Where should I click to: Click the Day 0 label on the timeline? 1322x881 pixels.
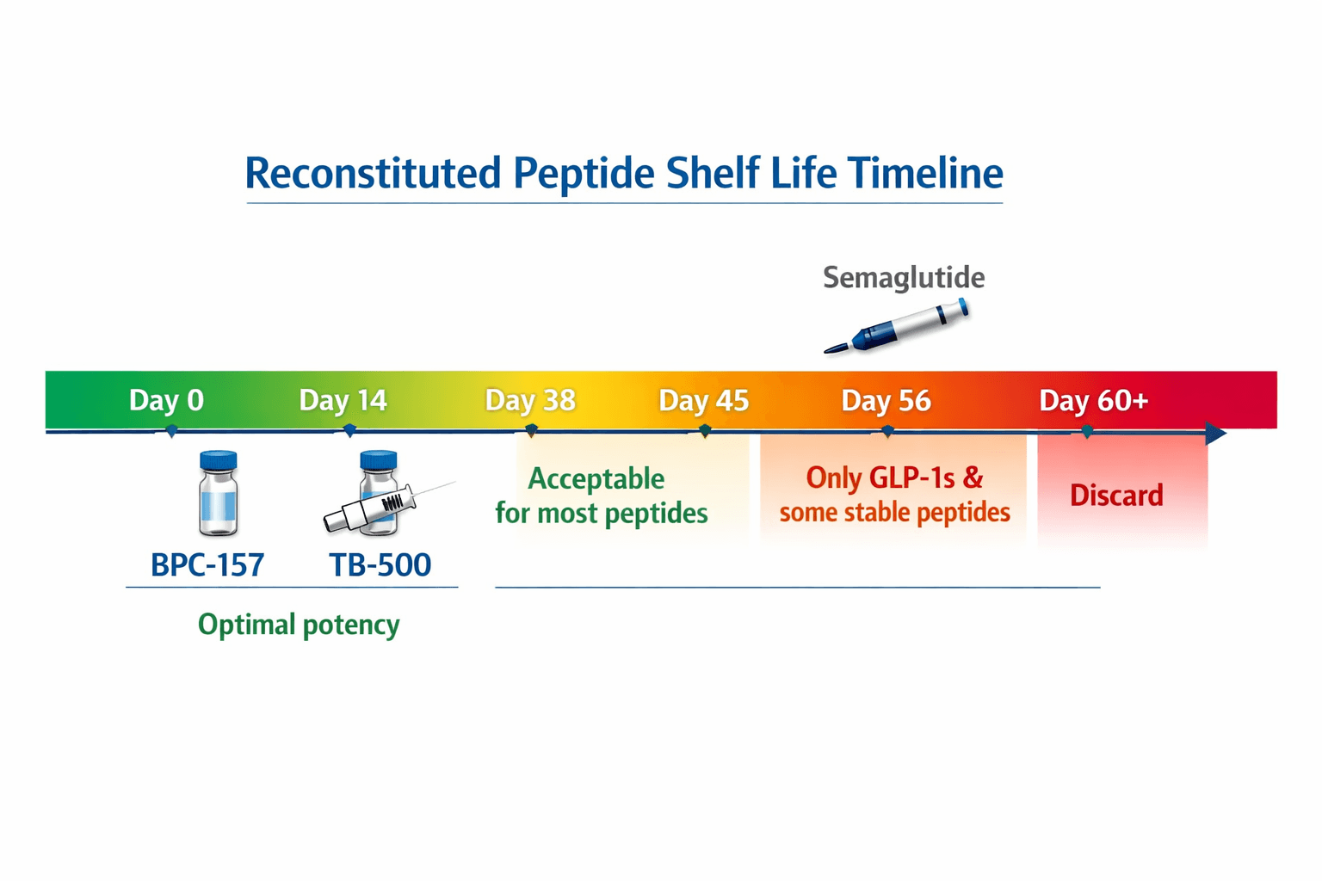tap(166, 400)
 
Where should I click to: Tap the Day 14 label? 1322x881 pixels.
tap(343, 400)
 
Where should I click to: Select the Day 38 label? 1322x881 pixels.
tap(530, 400)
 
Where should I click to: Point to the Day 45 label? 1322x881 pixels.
tap(703, 400)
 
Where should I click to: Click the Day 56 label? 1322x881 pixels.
tap(886, 400)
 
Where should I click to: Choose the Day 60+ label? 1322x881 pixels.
tap(1093, 400)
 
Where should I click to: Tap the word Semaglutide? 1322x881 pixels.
tap(904, 277)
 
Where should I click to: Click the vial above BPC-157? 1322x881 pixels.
tap(218, 493)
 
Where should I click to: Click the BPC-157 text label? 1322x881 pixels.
tap(207, 564)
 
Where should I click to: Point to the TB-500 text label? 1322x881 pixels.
tap(380, 564)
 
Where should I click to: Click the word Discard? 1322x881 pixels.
tap(1116, 495)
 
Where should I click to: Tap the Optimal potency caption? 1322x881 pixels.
tap(299, 624)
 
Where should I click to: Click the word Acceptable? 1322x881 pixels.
tap(596, 478)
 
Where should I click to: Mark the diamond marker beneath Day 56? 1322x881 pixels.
tap(887, 431)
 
